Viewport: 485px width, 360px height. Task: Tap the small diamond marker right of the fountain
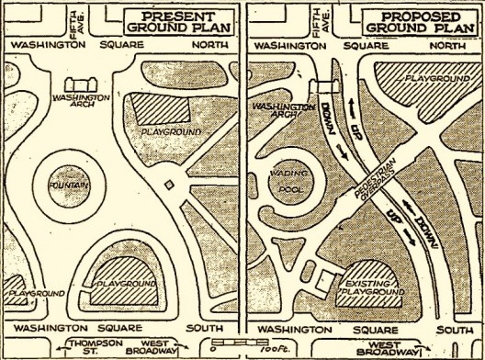tap(167, 189)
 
